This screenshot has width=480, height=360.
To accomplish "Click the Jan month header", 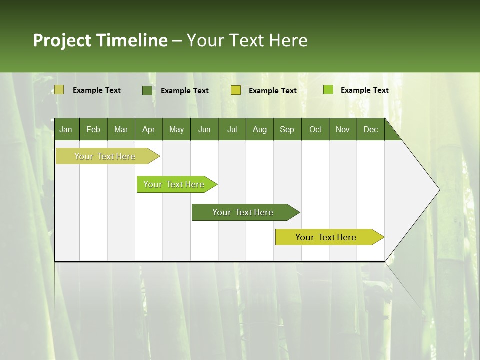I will point(66,129).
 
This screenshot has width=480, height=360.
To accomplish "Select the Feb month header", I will point(93,129).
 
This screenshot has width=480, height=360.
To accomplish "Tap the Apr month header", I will point(148,129).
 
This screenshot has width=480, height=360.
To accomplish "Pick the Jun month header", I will point(204,129).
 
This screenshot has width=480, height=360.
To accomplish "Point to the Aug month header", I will point(259,129).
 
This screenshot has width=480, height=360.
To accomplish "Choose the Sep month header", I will point(287,129).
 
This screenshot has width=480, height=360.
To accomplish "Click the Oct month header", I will point(315,129).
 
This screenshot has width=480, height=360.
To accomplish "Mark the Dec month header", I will point(370,129).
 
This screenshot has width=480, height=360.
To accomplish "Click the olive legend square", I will point(59,90).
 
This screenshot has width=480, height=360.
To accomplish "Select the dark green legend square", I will point(147,90).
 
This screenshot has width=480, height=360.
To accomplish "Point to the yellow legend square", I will point(236,90).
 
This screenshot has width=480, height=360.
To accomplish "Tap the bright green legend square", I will point(328,90).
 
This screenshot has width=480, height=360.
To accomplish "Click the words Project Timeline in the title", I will point(100,40).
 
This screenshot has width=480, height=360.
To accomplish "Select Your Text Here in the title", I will point(247,40).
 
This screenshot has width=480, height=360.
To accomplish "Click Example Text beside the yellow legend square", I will point(272,91).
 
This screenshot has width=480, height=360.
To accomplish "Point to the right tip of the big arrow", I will point(439,190).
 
